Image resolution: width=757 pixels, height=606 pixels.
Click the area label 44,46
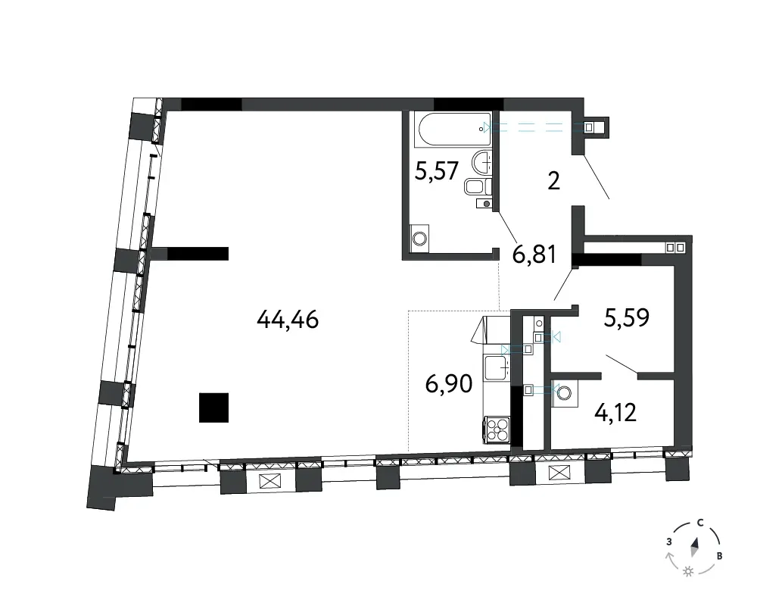coord(288,319)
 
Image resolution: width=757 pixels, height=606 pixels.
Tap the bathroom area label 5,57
coord(437,170)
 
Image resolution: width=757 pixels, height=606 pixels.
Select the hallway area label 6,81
coord(534,255)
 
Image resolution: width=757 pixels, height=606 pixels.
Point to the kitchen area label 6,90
coord(448,384)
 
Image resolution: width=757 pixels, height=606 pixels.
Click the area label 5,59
coord(627,317)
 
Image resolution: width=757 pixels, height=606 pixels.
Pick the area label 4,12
coord(616,413)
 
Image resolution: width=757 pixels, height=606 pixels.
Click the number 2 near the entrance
coord(554,181)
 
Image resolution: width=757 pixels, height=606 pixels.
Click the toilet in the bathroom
coord(478,186)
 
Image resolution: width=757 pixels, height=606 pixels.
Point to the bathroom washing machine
coord(419,239)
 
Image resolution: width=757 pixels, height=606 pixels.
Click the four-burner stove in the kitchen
coord(497,429)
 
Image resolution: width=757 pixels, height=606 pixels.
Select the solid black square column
coord(214,408)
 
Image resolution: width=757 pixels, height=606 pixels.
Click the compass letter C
coord(699,523)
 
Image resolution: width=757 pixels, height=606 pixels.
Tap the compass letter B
coord(719,556)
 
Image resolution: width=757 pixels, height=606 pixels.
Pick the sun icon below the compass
coord(688,572)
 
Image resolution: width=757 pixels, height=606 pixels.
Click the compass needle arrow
coord(695,548)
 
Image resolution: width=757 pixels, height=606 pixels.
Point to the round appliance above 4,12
coord(564,392)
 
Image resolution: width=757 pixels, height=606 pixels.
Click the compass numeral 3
coord(669,542)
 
